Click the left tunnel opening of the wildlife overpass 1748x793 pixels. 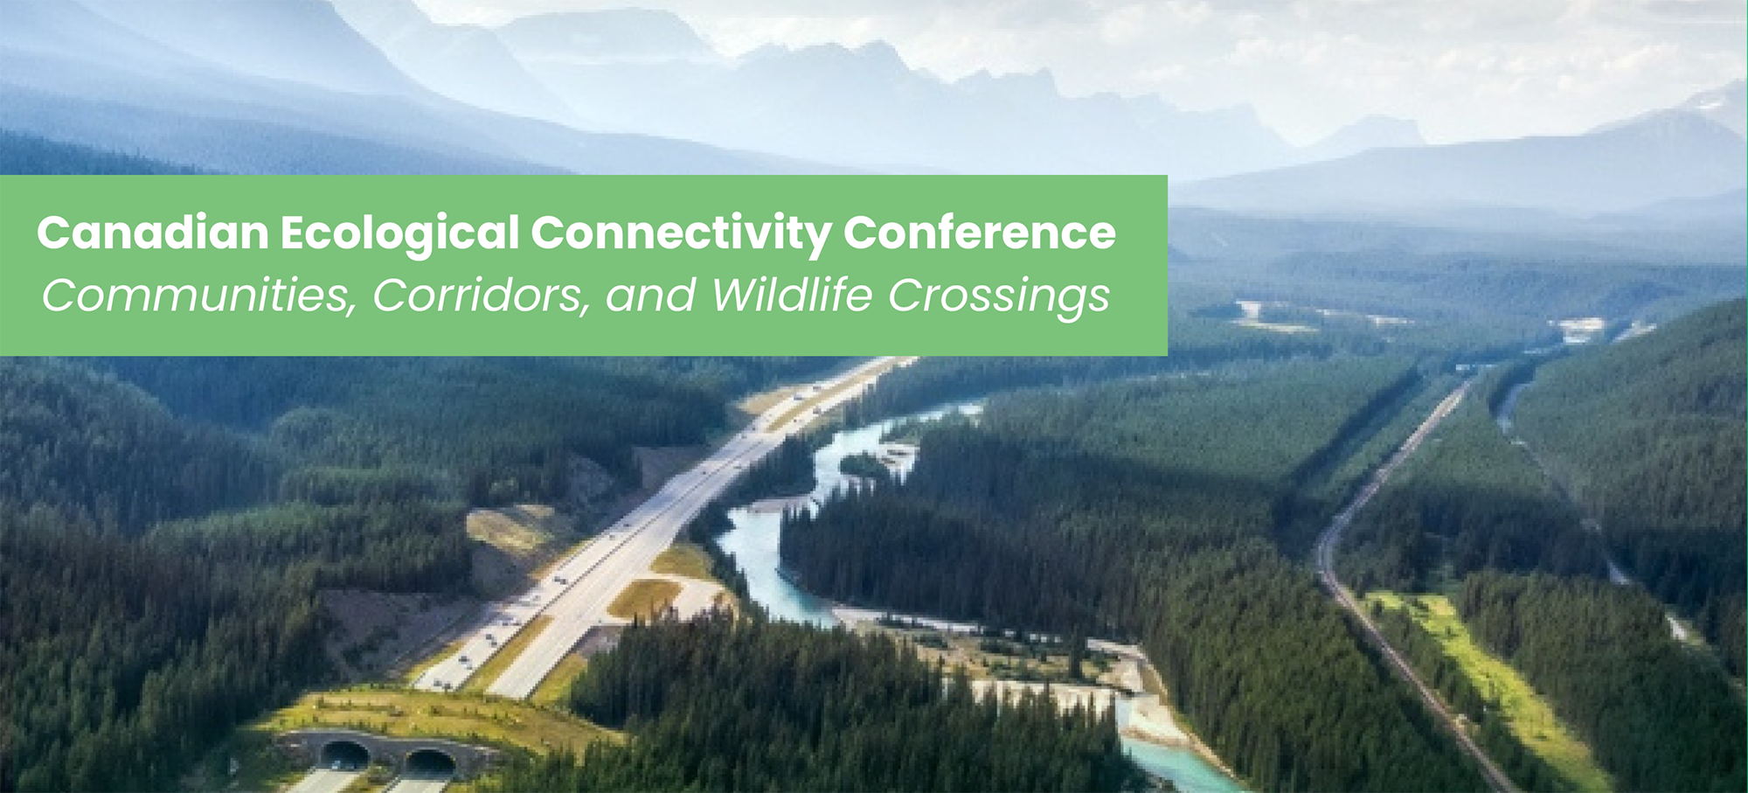[344, 754]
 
